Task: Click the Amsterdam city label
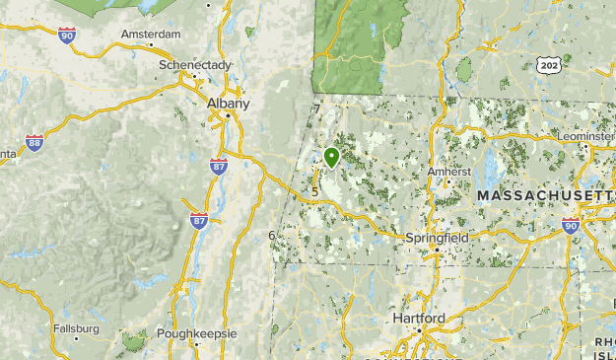(151, 34)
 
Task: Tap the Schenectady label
(194, 65)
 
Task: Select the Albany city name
(228, 103)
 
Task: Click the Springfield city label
(437, 238)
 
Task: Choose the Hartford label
(418, 319)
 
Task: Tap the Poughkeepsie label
(196, 333)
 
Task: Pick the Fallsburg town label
(76, 328)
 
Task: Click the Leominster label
(585, 136)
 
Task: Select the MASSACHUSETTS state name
(545, 197)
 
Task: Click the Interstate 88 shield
(34, 142)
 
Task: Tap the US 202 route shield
(548, 66)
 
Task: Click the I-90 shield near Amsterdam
(67, 36)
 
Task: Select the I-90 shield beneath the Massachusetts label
(571, 225)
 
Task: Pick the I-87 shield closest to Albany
(218, 166)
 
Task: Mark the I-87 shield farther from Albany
(199, 220)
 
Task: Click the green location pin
(331, 156)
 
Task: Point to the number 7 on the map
(316, 108)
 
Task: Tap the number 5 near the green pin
(314, 191)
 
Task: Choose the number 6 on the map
(271, 235)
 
